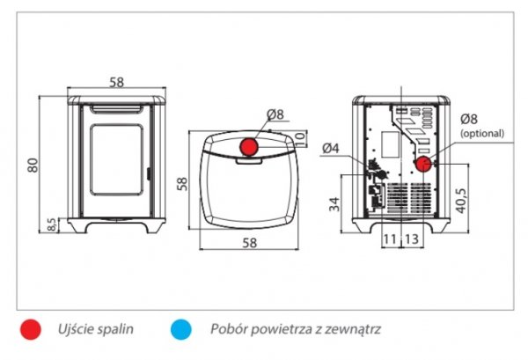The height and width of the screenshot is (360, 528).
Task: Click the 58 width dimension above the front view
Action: coord(115,82)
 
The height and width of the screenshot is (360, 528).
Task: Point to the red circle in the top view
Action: coord(249,146)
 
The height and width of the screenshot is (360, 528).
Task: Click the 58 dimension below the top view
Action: coord(248,242)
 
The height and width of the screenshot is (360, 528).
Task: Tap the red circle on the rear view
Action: coord(422,165)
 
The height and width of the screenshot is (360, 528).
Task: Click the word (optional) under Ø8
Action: coord(482,134)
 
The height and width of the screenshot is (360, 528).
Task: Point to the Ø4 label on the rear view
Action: coord(332,148)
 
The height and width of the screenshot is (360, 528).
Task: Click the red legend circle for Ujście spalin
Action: coord(32,329)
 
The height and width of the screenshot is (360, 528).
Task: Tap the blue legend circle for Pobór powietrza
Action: coord(182,329)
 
